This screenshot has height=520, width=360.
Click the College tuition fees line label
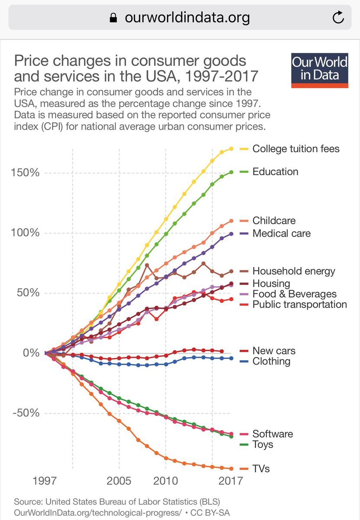pos(296,149)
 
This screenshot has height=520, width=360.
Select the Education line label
pos(275,172)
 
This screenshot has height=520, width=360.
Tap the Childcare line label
pos(274,221)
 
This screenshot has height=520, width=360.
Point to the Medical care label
pos(281,233)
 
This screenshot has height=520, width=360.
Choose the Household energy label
pos(294,271)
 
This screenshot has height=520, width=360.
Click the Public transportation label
pos(299,304)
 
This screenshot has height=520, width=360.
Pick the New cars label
pos(274,351)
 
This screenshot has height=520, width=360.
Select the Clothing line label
pos(271,361)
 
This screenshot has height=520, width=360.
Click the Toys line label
pos(263,444)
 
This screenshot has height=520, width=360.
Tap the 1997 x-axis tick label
pos(45,481)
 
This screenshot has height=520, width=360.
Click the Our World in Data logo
pos(320,71)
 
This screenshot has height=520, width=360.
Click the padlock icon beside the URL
pos(114,17)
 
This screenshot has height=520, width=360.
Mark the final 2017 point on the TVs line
pos(231,468)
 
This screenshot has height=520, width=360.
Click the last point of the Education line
pos(231,172)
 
